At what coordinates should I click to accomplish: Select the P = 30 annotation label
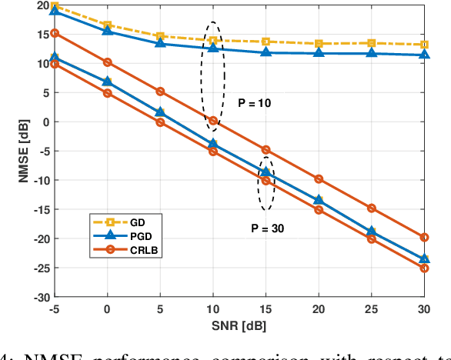click(266, 227)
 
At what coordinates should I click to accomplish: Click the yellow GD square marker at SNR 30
click(424, 45)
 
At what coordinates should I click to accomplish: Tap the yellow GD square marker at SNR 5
click(160, 36)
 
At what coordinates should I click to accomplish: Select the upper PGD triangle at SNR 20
click(319, 53)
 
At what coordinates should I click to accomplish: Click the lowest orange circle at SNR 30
click(424, 268)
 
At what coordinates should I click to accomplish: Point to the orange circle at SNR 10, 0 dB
click(213, 121)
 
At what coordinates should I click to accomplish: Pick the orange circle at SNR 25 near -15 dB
click(372, 208)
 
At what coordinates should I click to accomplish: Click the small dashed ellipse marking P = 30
click(266, 183)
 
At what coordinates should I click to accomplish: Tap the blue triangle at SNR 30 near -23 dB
click(424, 259)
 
